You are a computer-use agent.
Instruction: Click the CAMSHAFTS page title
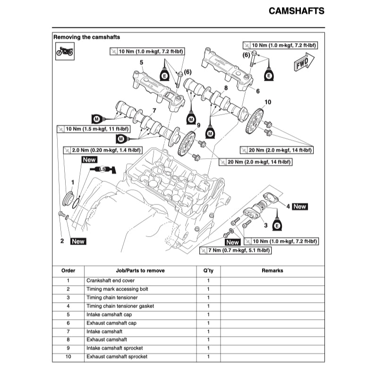tap(296, 11)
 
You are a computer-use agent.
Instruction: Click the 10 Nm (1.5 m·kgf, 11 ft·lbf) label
tap(93, 128)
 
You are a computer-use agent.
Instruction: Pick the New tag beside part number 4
tap(299, 206)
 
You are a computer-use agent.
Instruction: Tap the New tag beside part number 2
tap(78, 241)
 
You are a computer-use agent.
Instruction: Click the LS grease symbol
tap(102, 169)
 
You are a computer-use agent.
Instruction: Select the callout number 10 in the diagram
tap(268, 102)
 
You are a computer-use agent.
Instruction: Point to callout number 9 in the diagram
tap(199, 125)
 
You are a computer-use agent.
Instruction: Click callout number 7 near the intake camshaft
tap(154, 111)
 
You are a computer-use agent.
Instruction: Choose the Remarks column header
tap(272, 271)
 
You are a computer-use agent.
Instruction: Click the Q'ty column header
tap(208, 271)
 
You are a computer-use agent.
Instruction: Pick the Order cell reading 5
tap(68, 315)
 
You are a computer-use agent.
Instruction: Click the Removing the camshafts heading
tap(86, 37)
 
